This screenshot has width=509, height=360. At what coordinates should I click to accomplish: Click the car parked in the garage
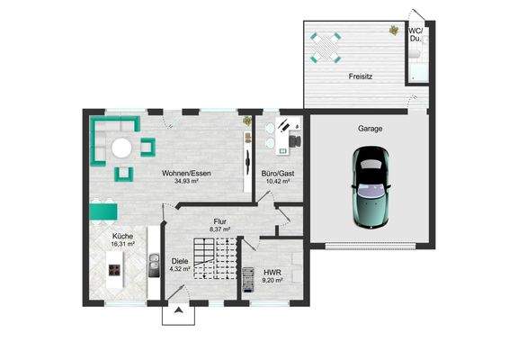[x=371, y=187]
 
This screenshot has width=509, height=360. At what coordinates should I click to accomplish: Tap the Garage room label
[x=370, y=129]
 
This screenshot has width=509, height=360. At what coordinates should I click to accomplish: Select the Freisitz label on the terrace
[x=361, y=76]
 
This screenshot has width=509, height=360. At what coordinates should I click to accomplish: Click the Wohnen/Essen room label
[x=186, y=173]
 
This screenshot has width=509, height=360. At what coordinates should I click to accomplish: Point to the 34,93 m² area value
[x=186, y=181]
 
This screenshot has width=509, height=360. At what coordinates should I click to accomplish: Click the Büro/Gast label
[x=278, y=174]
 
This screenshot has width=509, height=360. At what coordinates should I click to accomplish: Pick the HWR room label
[x=272, y=273]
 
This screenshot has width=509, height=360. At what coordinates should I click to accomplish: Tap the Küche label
[x=122, y=236]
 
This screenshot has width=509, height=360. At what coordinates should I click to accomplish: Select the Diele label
[x=180, y=261]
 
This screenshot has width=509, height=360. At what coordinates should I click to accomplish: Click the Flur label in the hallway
[x=220, y=221]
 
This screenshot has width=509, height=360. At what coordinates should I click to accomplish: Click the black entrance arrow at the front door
[x=178, y=310]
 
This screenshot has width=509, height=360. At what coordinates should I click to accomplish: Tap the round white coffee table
[x=121, y=148]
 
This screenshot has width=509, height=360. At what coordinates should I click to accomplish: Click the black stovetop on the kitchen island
[x=114, y=270]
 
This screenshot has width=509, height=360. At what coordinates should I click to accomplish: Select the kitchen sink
[x=154, y=265]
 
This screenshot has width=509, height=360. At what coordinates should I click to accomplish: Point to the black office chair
[x=295, y=141]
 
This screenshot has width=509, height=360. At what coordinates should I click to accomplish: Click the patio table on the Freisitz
[x=326, y=48]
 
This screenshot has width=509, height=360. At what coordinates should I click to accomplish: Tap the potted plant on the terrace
[x=394, y=31]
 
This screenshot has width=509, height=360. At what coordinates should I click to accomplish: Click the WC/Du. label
[x=415, y=35]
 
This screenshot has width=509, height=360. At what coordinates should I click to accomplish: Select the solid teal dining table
[x=103, y=211]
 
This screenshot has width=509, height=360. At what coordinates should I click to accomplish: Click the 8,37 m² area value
[x=220, y=229]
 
